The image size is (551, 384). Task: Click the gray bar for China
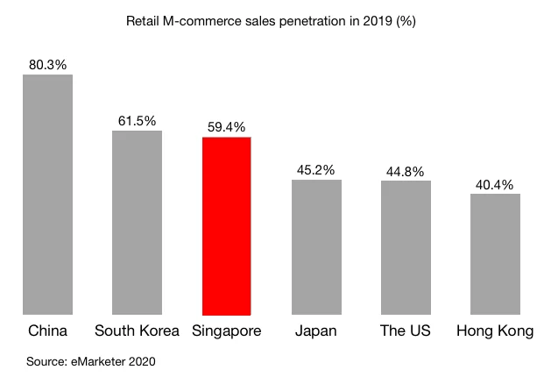click(x=47, y=194)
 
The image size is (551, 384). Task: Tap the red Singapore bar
click(x=227, y=225)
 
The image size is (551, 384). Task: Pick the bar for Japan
click(x=316, y=246)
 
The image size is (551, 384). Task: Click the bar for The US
click(x=406, y=247)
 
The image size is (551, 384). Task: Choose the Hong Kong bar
click(x=495, y=253)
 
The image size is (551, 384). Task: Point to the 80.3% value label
click(x=47, y=64)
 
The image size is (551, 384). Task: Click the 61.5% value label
click(x=138, y=120)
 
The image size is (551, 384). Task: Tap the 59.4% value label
click(x=227, y=126)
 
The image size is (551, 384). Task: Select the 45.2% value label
click(x=316, y=169)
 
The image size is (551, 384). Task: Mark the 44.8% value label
click(x=406, y=170)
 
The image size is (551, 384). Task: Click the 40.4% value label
click(x=495, y=183)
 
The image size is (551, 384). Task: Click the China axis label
click(x=47, y=331)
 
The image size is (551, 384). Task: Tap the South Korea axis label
click(x=137, y=331)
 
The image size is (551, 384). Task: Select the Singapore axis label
click(x=227, y=331)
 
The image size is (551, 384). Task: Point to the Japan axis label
click(x=316, y=331)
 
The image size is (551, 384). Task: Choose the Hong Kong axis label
click(x=495, y=331)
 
